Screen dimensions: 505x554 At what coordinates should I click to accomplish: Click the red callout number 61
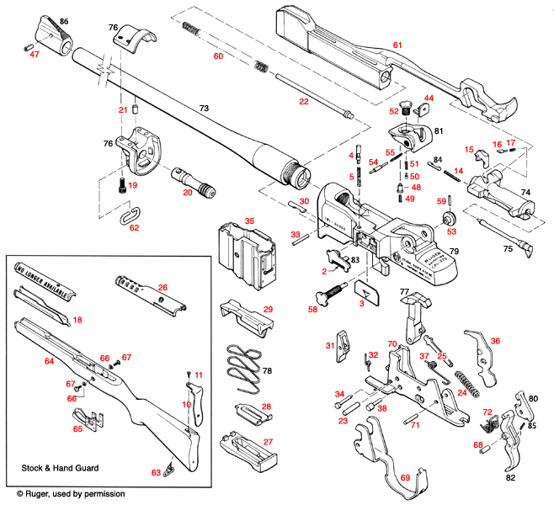click(x=398, y=44)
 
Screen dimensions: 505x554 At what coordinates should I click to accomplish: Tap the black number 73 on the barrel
click(x=202, y=109)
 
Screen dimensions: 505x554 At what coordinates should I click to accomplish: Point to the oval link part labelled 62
click(x=126, y=217)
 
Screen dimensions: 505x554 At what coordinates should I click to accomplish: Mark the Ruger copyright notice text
click(x=71, y=493)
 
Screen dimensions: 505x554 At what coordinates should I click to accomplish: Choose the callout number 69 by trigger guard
click(x=406, y=478)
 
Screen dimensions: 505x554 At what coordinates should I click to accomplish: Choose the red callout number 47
click(x=35, y=54)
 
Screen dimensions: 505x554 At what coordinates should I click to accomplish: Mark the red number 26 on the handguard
click(x=162, y=287)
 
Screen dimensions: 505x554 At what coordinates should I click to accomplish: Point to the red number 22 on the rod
click(x=303, y=102)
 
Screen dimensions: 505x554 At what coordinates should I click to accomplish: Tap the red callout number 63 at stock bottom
click(x=156, y=473)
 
